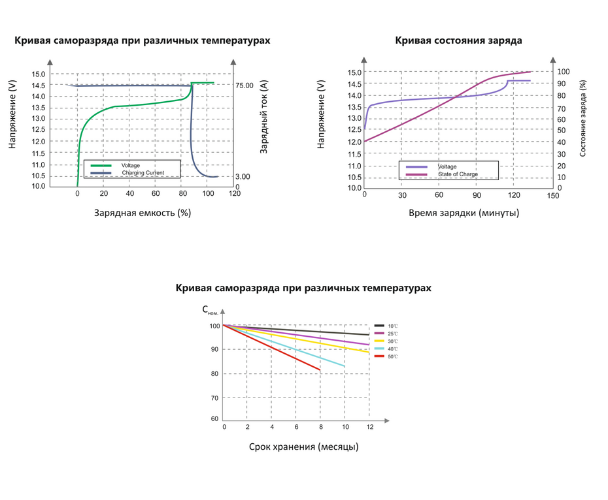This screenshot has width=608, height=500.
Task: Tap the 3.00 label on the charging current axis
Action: [x=243, y=176]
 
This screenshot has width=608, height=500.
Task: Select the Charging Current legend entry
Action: [x=142, y=173]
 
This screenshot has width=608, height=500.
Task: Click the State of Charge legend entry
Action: [x=457, y=174]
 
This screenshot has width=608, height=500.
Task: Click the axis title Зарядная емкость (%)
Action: [x=142, y=213]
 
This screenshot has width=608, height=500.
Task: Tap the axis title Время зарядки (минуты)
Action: [x=464, y=213]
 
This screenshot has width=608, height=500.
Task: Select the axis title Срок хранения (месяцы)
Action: [x=303, y=447]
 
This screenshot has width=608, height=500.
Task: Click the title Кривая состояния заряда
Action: [x=458, y=40]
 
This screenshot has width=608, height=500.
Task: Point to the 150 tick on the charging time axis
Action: [x=554, y=196]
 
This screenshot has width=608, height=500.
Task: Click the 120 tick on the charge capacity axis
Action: [x=234, y=194]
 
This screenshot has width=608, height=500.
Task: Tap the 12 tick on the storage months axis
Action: [x=369, y=426]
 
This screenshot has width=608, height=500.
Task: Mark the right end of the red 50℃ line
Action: [x=320, y=370]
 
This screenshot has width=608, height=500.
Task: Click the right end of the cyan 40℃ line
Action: [x=345, y=366]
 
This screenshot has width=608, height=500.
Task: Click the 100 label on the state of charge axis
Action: [x=564, y=71]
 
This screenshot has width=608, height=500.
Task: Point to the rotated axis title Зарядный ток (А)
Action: [x=264, y=117]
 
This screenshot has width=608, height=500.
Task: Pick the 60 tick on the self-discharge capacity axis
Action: [x=214, y=419]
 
